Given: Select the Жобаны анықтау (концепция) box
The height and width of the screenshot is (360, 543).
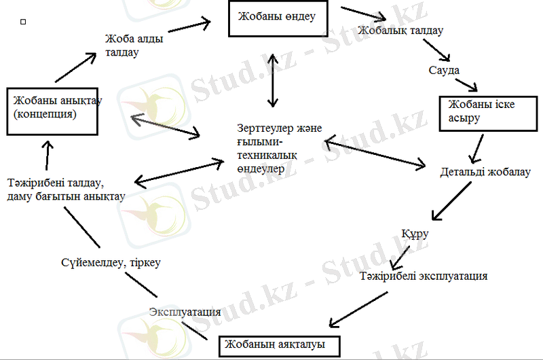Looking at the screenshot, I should (x=53, y=108).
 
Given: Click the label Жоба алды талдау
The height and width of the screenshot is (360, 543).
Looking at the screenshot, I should (x=134, y=46).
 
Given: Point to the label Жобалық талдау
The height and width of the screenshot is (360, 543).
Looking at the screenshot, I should (x=400, y=31).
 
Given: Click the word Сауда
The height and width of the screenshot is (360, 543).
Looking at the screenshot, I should (x=444, y=70).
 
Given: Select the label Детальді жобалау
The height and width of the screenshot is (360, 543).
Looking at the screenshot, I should (x=485, y=172).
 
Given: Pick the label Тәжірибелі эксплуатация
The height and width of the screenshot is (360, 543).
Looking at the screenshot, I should (x=424, y=276).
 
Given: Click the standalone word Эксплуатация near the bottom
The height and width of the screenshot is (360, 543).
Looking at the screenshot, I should (x=185, y=312).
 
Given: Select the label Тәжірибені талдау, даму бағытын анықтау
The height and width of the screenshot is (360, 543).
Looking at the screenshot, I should (x=66, y=190).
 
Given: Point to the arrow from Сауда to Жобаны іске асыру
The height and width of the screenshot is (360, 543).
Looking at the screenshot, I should (x=466, y=86).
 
